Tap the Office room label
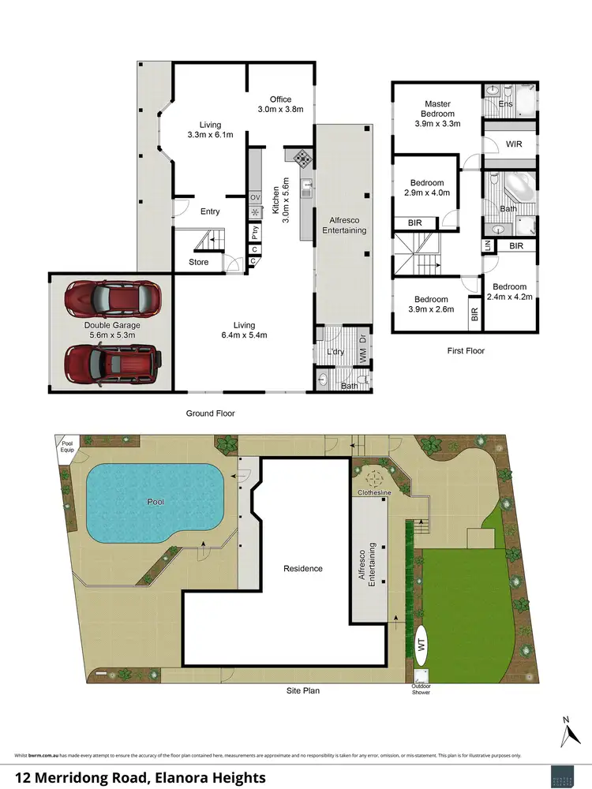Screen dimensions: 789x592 (280, 99)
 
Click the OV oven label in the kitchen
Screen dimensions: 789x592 (255, 197)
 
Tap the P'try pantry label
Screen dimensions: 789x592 (255, 233)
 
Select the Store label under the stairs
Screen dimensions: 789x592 (199, 262)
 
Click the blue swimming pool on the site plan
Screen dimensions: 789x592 (153, 503)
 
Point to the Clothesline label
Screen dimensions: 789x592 (377, 492)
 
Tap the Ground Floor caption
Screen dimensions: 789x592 (210, 413)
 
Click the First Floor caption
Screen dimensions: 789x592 (465, 350)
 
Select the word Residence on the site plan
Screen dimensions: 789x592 (303, 568)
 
